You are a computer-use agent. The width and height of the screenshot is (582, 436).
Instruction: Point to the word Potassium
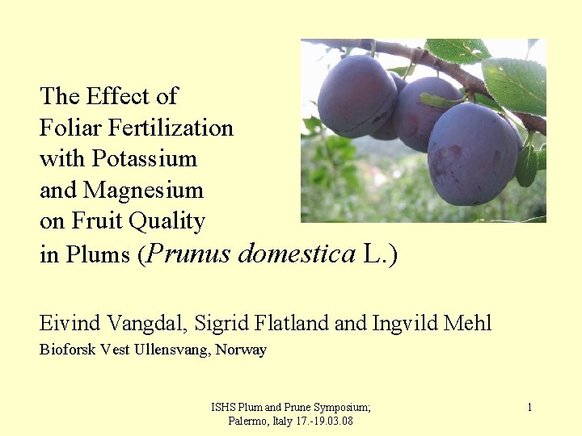[x=154, y=158]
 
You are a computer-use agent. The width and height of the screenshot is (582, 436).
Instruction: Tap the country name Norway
[x=241, y=350]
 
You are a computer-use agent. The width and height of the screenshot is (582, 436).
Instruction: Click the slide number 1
[x=529, y=408]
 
